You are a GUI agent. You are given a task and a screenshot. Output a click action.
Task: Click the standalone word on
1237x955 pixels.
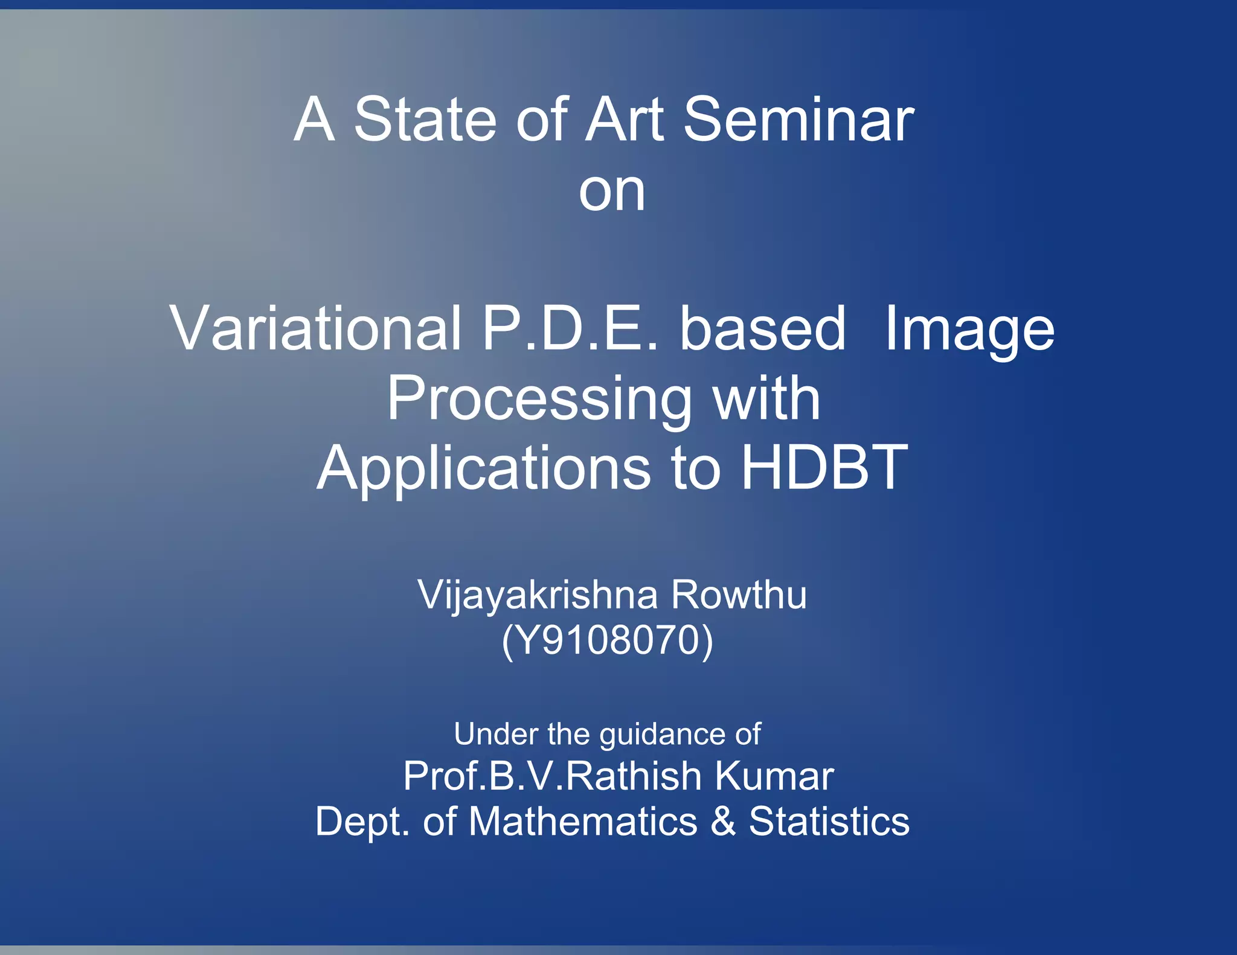pos(612,192)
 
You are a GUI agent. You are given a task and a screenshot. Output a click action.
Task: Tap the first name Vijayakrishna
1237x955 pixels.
pos(538,596)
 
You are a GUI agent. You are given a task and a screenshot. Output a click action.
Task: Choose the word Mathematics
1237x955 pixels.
pos(583,822)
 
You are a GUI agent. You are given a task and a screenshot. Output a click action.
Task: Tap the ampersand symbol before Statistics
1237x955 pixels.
pos(723,822)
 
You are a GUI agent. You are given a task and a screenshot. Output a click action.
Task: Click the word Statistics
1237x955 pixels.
pos(829,822)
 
